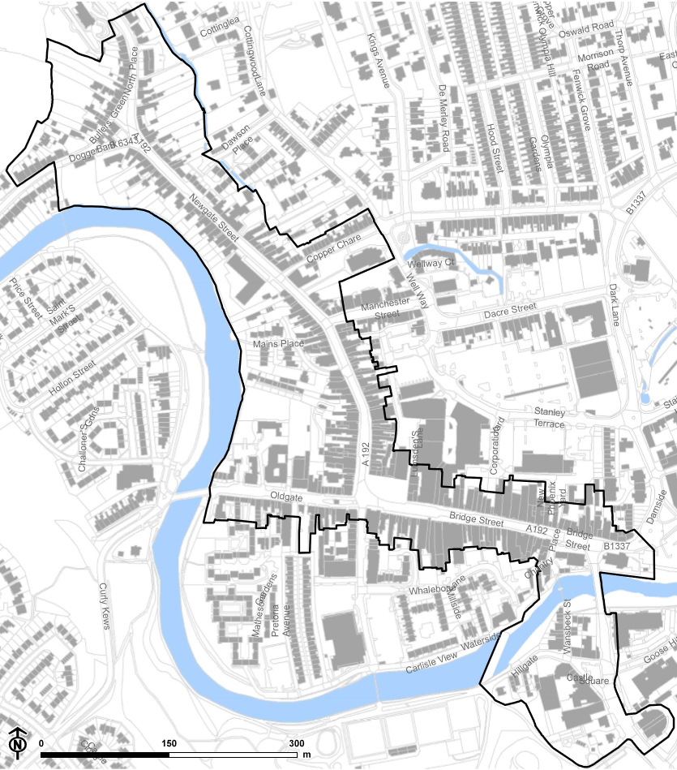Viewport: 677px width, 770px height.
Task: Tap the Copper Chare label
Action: [332, 248]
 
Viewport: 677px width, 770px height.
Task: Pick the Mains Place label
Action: [278, 345]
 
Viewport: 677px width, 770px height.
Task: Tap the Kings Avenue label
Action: [379, 61]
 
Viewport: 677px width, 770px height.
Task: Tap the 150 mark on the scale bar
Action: [169, 744]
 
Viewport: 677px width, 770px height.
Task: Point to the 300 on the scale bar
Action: [297, 744]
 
